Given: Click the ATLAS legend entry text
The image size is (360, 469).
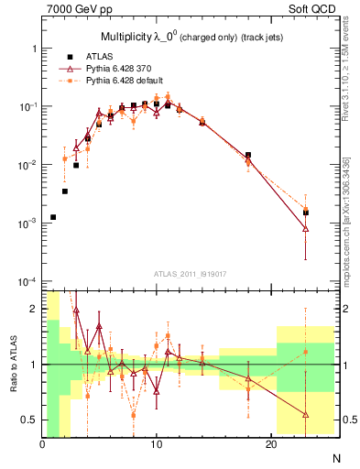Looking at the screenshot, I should pos(113,56).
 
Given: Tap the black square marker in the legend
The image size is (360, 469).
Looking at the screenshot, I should pos(82,56).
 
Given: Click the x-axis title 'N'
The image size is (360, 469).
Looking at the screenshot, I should pos(334,457).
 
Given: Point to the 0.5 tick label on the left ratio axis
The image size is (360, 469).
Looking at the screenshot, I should pos(29,420).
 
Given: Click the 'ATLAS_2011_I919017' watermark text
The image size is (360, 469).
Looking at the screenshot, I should pos(191,273).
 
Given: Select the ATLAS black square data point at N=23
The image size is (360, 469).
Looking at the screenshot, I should pos(306,213).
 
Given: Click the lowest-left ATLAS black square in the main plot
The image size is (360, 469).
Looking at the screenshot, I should pos(53,217).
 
